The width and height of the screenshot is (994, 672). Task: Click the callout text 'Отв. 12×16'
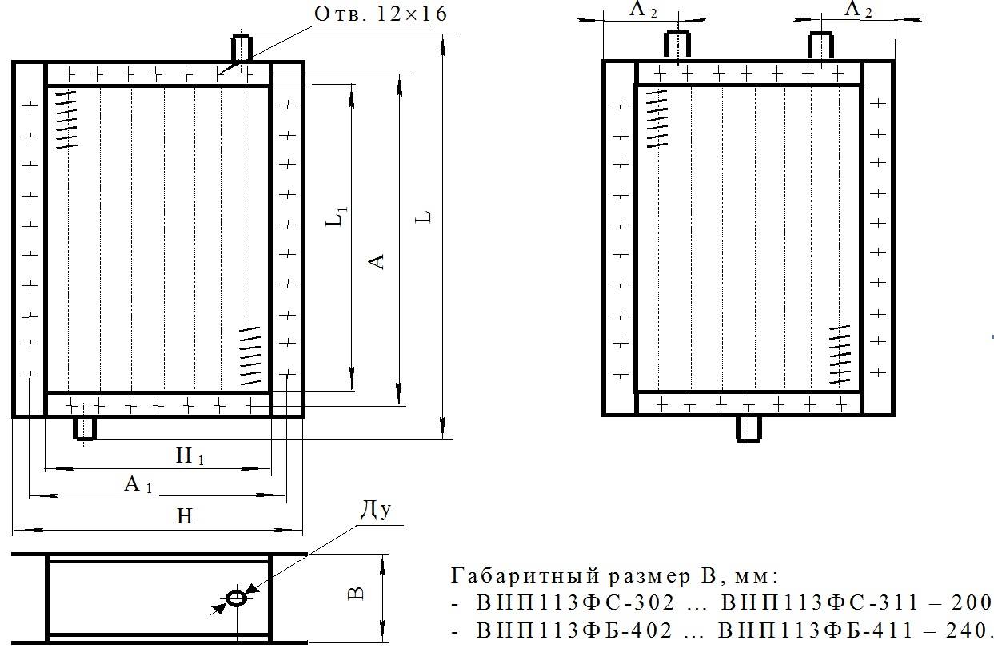pyautogui.click(x=381, y=14)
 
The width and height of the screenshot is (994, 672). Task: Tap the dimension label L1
pyautogui.click(x=337, y=217)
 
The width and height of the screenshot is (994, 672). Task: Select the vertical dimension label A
pyautogui.click(x=377, y=261)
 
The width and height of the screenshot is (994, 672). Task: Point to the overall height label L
pyautogui.click(x=423, y=217)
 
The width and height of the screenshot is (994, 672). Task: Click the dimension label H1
pyautogui.click(x=190, y=455)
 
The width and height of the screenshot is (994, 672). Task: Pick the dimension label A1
pyautogui.click(x=138, y=484)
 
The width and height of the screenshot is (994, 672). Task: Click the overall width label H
pyautogui.click(x=185, y=516)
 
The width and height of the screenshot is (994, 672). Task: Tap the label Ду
pyautogui.click(x=375, y=510)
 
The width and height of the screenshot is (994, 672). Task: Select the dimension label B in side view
pyautogui.click(x=356, y=594)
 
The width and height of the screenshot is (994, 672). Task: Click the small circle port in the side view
pyautogui.click(x=236, y=598)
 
